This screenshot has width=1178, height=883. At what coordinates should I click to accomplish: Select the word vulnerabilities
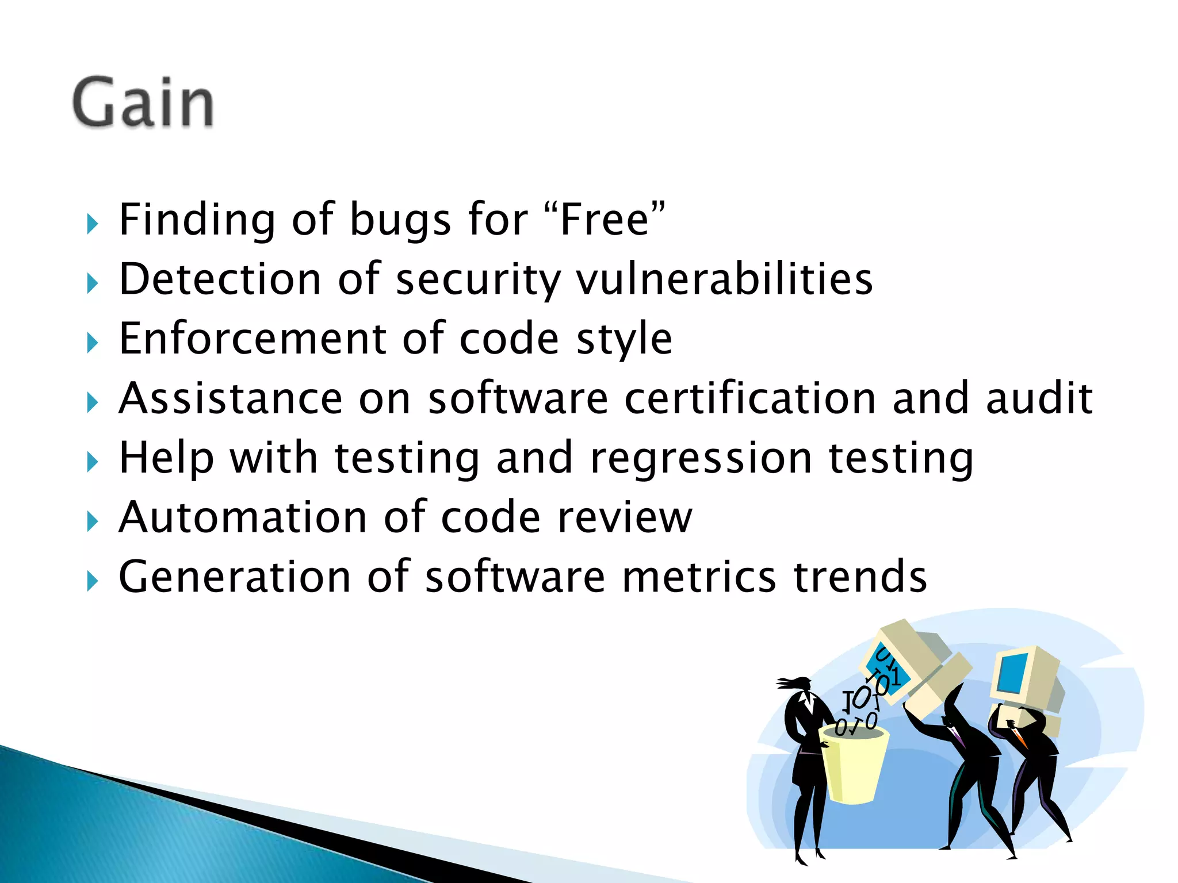pos(725,280)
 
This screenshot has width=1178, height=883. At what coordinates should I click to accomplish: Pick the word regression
pos(701,458)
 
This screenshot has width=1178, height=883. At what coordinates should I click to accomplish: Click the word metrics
pos(699,577)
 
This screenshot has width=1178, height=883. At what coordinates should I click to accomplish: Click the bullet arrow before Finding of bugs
pos(92,224)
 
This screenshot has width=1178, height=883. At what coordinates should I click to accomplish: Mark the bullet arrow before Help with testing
pos(92,462)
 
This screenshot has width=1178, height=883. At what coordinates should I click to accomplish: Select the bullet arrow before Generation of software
pos(92,581)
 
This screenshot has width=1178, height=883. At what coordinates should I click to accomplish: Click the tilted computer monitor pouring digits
pos(915,667)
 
